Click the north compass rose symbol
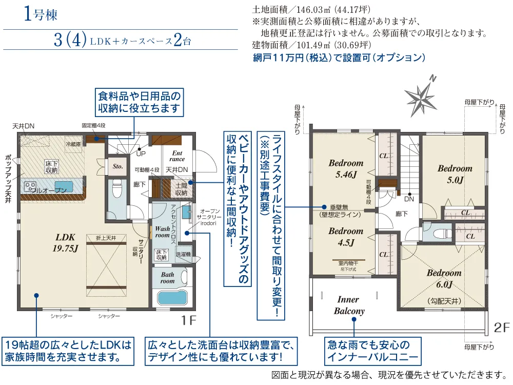pos(420,96)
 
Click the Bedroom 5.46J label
pos(346,168)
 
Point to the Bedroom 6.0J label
pos(444,278)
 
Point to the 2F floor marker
pos(502,326)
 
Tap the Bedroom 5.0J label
pos(455,174)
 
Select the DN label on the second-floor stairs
pos(409,199)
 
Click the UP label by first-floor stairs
pos(139,153)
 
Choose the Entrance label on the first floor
pos(177,156)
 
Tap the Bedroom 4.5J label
pos(346,236)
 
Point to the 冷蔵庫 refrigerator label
pos(73,144)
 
